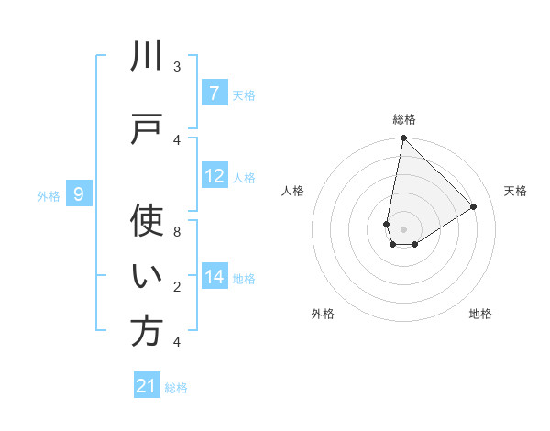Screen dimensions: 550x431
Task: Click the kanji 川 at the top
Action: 147,57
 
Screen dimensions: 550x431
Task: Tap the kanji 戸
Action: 147,128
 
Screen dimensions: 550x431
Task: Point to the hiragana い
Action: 147,276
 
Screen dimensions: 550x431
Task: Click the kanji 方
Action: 147,331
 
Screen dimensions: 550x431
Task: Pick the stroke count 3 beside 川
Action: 177,67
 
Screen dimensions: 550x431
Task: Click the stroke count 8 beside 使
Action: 177,232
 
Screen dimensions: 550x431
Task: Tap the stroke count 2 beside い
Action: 177,287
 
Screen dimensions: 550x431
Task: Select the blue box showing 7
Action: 214,93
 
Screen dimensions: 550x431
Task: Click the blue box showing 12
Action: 214,175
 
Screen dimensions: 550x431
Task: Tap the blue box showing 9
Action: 79,193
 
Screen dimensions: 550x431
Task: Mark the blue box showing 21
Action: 147,386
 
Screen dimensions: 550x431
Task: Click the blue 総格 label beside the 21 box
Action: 176,388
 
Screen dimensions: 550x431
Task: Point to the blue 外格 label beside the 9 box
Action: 48,195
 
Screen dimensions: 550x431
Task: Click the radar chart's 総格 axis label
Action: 403,119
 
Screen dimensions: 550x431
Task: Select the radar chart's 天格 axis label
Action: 515,191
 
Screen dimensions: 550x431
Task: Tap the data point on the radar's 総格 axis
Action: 403,138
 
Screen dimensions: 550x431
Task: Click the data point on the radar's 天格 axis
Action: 474,206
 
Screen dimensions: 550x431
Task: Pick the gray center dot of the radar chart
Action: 403,229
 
